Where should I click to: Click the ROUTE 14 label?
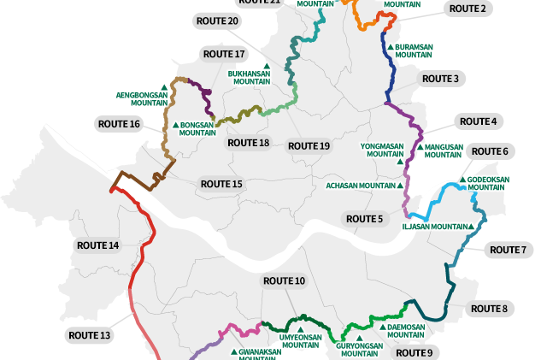point(97,245)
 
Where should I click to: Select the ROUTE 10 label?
point(284,280)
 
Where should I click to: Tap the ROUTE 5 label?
point(365,219)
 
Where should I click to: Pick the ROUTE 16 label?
point(119,124)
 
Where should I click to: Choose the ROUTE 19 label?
point(309,146)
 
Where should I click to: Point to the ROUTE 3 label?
point(441,79)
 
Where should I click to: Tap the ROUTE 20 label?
point(217,21)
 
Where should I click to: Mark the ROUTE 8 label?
point(489,308)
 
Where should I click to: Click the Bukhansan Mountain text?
point(249,79)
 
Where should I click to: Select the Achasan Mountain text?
point(360,186)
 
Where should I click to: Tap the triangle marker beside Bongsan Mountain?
point(175,125)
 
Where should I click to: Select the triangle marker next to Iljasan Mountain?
point(470,227)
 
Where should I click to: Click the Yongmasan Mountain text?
point(381,150)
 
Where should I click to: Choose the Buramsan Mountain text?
point(413,50)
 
